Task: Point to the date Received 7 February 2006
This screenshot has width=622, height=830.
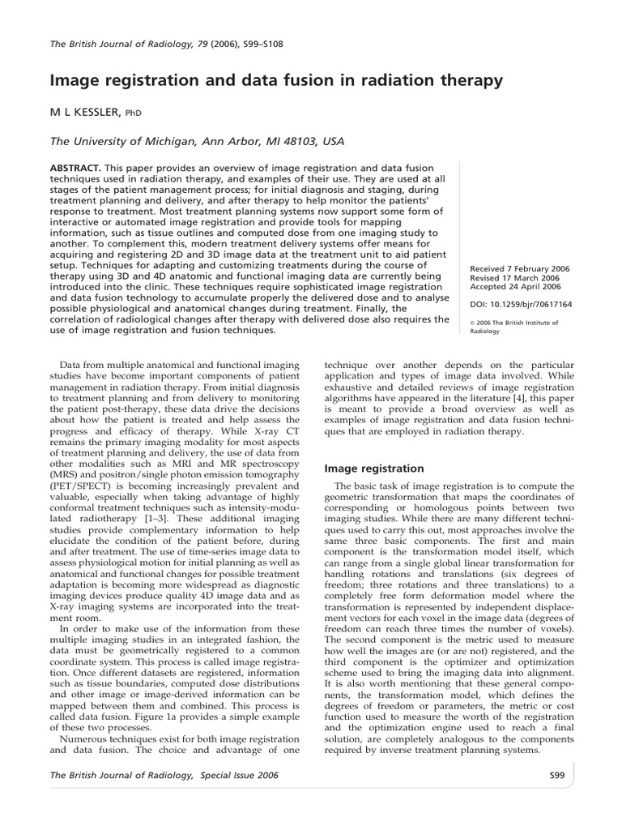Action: pos(521,268)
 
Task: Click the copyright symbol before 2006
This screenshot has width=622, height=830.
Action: pos(472,323)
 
